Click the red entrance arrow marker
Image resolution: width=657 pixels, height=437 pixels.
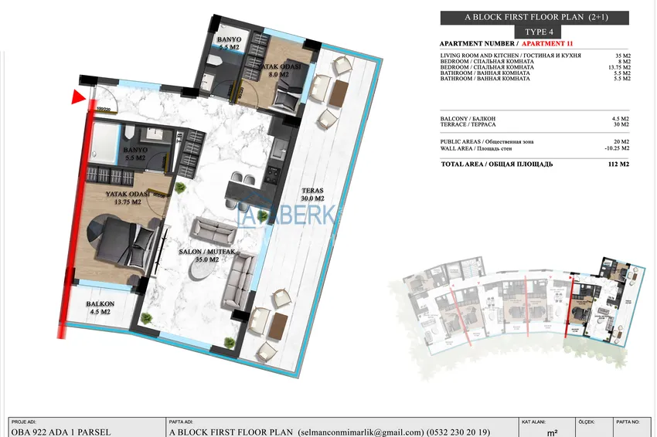click(77, 97)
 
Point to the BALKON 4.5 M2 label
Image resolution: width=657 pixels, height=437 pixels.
click(100, 308)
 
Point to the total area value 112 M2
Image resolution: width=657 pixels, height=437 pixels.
click(619, 164)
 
